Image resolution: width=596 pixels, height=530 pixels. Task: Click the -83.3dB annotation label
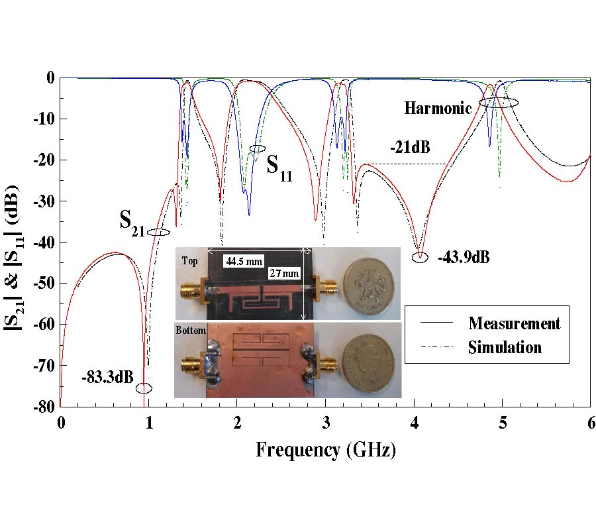click(x=109, y=378)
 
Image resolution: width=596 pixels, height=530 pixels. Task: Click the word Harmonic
click(x=438, y=108)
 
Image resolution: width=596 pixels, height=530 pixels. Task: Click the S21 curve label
click(x=133, y=221)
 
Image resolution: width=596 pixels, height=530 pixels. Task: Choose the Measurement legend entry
click(x=514, y=323)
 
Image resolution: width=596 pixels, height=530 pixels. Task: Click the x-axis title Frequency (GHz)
click(x=326, y=450)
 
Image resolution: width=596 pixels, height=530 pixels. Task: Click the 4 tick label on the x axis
click(x=414, y=421)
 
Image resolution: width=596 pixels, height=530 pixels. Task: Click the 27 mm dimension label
click(x=283, y=273)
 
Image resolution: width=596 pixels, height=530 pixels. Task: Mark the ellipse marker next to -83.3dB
click(x=144, y=388)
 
